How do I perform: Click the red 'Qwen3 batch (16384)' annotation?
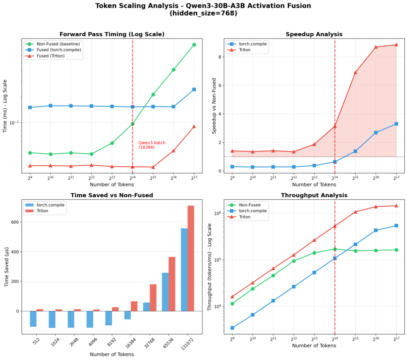click(152, 145)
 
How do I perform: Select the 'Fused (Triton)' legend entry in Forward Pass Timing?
click(50, 56)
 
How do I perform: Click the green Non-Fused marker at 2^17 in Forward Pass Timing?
click(194, 45)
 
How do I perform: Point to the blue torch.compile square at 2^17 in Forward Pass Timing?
click(194, 90)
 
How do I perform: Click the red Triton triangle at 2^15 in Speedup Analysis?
click(355, 72)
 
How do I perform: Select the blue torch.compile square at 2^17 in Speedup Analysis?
click(396, 124)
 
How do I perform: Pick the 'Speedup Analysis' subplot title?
click(314, 34)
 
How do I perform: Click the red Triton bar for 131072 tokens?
click(191, 258)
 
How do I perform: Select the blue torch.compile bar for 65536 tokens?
click(165, 292)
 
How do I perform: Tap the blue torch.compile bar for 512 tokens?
click(33, 319)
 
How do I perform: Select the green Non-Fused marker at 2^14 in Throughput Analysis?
click(335, 249)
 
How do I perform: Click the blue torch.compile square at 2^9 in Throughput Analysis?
click(232, 328)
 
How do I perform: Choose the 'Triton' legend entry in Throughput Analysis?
click(245, 217)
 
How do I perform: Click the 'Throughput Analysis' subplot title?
click(314, 195)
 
